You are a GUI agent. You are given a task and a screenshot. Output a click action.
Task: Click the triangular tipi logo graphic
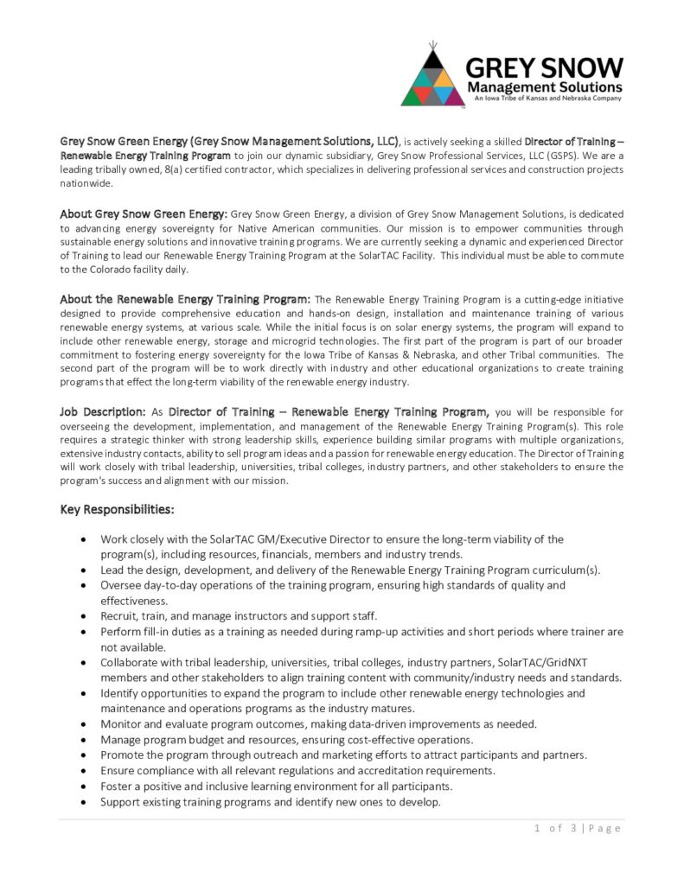(x=433, y=78)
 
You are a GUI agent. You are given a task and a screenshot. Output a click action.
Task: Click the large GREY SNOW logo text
(x=544, y=67)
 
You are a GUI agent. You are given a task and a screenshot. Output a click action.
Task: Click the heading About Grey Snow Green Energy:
(x=144, y=213)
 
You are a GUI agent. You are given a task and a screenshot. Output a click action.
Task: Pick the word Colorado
(x=99, y=269)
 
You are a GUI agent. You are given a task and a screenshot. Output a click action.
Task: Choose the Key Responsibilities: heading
(x=118, y=510)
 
